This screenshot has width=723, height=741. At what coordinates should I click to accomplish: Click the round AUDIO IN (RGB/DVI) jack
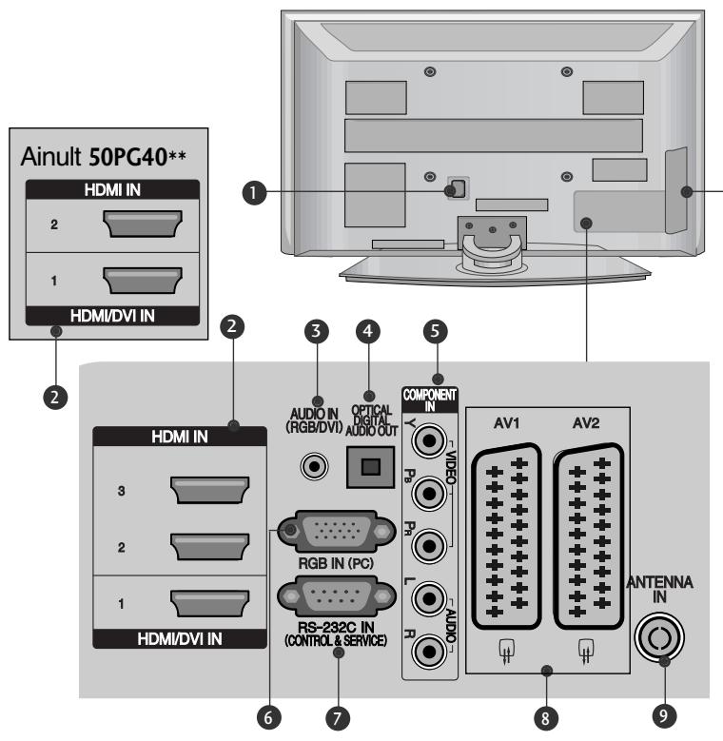point(314,466)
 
